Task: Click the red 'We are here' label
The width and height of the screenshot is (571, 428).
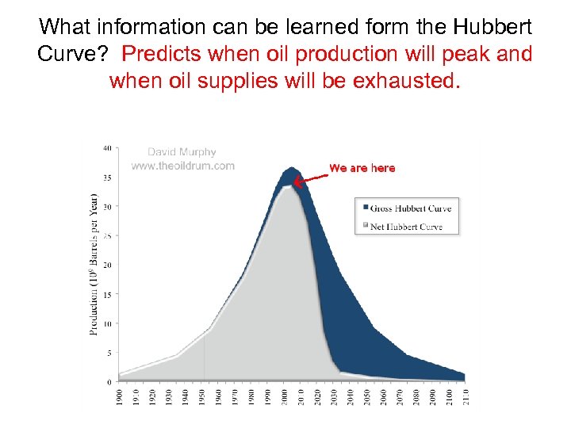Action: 362,168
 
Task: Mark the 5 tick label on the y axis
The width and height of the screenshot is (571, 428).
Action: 109,353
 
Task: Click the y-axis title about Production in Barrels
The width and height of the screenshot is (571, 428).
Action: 94,263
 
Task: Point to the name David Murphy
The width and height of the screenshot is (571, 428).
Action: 182,152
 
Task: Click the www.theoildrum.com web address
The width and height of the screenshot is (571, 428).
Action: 182,166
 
